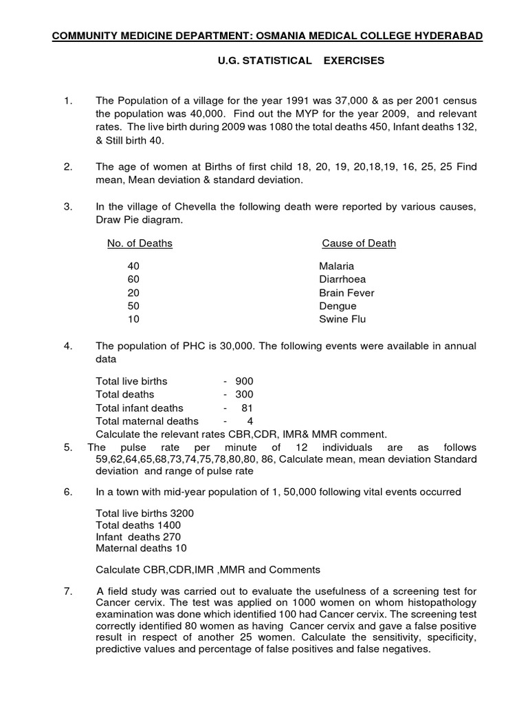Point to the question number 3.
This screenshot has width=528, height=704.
[x=67, y=207]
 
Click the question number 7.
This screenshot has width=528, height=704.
[x=67, y=592]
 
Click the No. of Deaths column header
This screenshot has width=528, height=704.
[x=140, y=243]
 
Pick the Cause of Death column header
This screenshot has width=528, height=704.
[x=358, y=243]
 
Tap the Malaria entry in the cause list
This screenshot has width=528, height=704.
[x=336, y=265]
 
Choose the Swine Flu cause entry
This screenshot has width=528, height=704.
[x=342, y=319]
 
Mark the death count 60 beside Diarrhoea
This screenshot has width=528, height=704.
[x=133, y=279]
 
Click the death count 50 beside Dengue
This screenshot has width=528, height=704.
[x=133, y=306]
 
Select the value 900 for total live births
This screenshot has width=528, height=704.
[x=244, y=381]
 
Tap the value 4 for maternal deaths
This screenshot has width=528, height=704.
[x=250, y=421]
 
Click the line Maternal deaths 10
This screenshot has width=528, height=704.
[x=141, y=548]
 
